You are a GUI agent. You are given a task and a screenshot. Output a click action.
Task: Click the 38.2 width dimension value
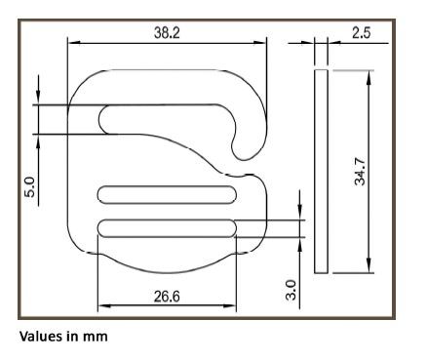[167, 33]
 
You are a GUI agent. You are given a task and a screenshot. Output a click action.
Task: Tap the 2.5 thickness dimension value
[361, 33]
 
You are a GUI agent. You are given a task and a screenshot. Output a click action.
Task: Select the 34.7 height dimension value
[360, 172]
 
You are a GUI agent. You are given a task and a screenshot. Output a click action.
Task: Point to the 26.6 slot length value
[167, 297]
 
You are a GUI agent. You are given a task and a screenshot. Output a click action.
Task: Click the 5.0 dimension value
[29, 187]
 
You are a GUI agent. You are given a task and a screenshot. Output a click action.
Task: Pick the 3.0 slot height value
[291, 290]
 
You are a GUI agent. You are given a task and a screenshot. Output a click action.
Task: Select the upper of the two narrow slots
[167, 195]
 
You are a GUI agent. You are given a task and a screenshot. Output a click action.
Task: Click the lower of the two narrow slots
[167, 228]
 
